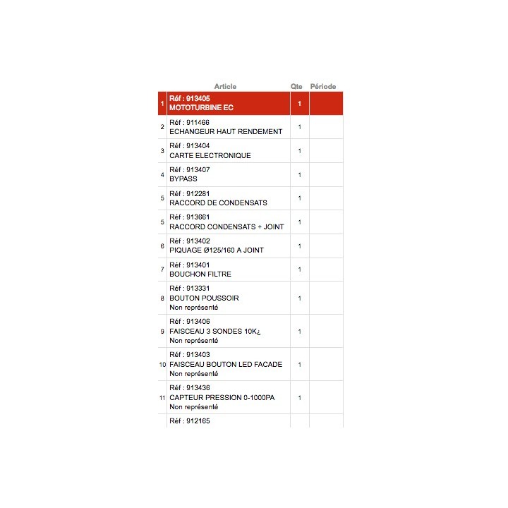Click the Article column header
click(x=225, y=87)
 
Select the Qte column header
click(x=296, y=87)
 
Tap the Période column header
click(x=323, y=87)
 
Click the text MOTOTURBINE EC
click(x=201, y=108)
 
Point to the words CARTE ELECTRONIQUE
click(x=210, y=155)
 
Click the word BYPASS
click(x=183, y=179)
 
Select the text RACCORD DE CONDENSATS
click(x=218, y=202)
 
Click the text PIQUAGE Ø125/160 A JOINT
click(x=217, y=250)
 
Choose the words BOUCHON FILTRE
click(x=200, y=274)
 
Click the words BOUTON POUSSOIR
click(x=204, y=298)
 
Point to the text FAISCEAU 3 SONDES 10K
click(x=216, y=331)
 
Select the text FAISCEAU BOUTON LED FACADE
click(x=226, y=364)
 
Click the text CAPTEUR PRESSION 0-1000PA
click(x=222, y=397)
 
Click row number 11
click(x=162, y=398)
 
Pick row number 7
click(x=162, y=270)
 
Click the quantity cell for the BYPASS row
click(x=299, y=175)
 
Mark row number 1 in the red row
click(x=162, y=104)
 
